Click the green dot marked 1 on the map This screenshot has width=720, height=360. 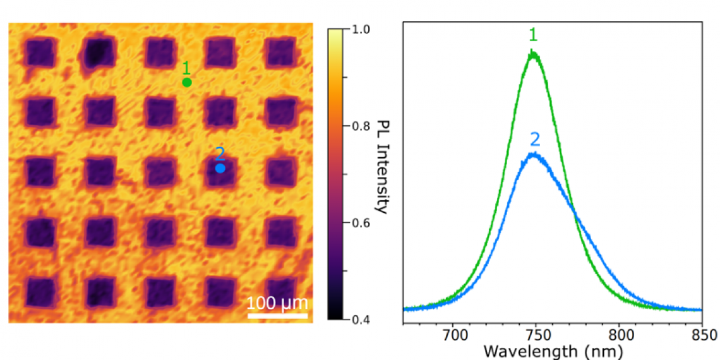pos(186,82)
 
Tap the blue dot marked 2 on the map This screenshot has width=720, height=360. pos(220,169)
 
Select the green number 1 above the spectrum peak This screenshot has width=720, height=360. pos(533,35)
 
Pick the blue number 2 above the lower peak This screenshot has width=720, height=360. pos(534,137)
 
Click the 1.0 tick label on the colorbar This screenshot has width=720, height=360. pos(361,29)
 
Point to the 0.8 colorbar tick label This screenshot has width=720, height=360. pos(361,126)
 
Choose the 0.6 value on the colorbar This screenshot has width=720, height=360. pos(361,223)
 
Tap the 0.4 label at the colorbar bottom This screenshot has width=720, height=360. pos(361,319)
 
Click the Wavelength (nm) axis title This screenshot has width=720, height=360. pos(553,351)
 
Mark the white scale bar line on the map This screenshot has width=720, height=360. pos(277,315)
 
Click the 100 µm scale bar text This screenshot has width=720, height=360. pos(277,303)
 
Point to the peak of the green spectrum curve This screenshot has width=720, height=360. pos(534,54)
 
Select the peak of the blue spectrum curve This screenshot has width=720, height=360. pos(534,153)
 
